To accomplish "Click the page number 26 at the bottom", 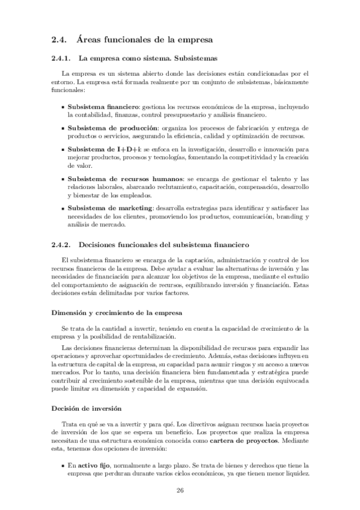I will pyautogui.click(x=180, y=490).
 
